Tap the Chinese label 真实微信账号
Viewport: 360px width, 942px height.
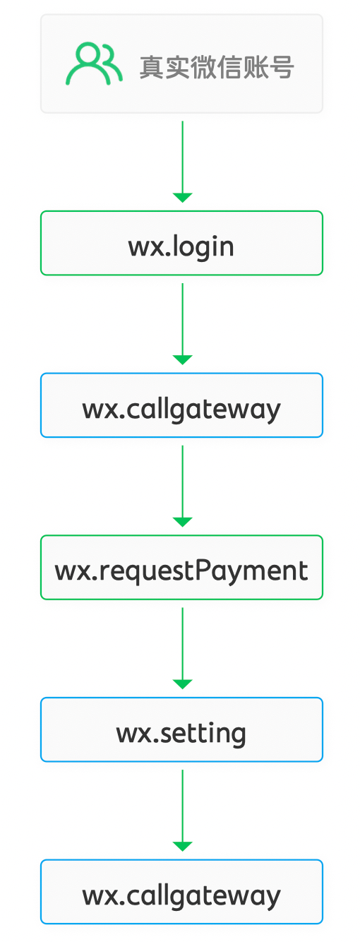tap(217, 67)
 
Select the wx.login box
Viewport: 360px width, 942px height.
tap(181, 243)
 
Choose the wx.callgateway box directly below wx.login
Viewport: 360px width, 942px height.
tap(181, 405)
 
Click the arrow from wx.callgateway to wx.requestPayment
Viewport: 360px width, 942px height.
tap(183, 486)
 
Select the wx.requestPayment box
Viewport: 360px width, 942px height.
tap(181, 567)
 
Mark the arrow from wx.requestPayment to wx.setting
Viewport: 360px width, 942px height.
tap(183, 648)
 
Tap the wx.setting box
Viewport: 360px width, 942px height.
tap(181, 729)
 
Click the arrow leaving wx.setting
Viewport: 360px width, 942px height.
tap(183, 811)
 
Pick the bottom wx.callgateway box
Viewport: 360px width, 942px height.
tap(181, 892)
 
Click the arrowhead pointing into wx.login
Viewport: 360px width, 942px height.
tap(183, 198)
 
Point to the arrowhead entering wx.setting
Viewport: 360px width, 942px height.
tap(183, 684)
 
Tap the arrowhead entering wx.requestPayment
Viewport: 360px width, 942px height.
tap(183, 523)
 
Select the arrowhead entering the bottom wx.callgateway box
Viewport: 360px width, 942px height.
tap(183, 847)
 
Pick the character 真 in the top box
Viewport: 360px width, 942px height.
tap(152, 67)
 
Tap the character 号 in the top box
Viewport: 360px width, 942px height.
tap(282, 67)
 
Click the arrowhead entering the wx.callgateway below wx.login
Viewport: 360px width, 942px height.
tap(183, 360)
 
